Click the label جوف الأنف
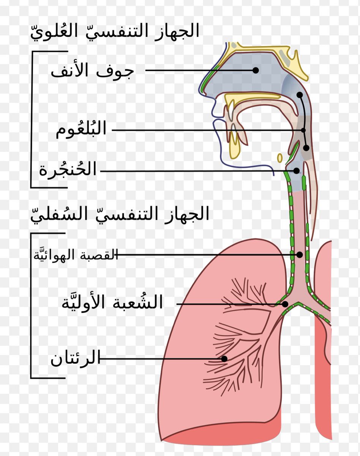[93, 71]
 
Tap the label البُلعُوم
[81, 130]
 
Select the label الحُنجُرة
[68, 170]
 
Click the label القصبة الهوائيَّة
[75, 255]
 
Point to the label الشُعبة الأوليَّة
[112, 302]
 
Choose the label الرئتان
[75, 358]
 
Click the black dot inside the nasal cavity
[256, 70]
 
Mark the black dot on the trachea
[300, 255]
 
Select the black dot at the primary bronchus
[285, 304]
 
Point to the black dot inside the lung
[224, 358]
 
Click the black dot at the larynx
[296, 171]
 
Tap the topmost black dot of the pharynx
[300, 95]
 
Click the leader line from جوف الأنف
[197, 70]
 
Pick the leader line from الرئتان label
[159, 358]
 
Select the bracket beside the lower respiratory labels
[31, 306]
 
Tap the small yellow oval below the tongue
[280, 157]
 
